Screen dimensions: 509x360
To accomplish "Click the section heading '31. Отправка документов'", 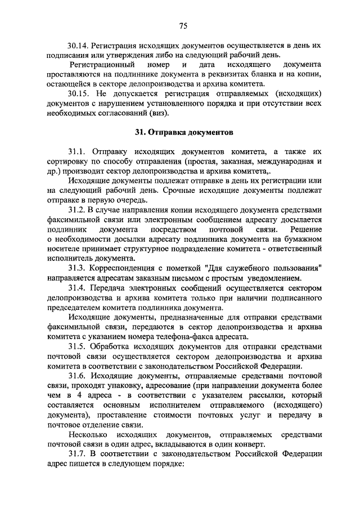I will click(183, 133).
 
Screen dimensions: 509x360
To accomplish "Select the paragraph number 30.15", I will click(78, 93).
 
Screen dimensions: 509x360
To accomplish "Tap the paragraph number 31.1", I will click(76, 152).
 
